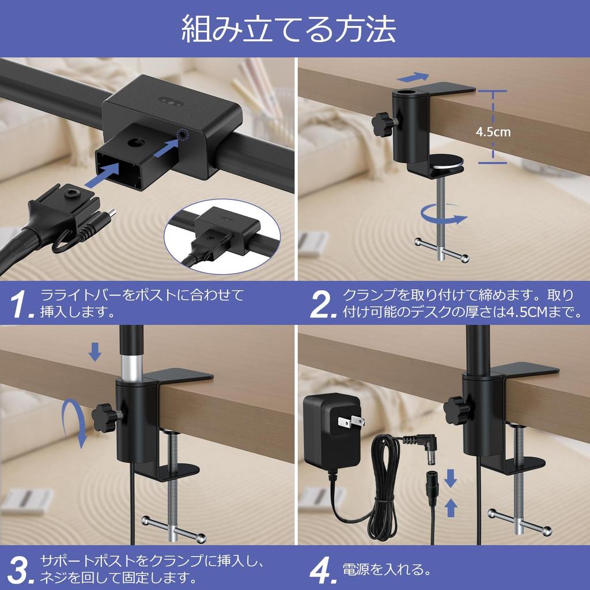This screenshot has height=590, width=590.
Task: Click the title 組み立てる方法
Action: [x=288, y=29]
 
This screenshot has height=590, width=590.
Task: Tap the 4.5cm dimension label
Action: [x=493, y=132]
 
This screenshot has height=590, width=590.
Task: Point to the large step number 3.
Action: [x=21, y=570]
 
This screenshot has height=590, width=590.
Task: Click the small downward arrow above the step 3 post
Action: [x=95, y=351]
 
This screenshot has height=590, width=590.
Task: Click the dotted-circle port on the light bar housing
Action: [x=183, y=134]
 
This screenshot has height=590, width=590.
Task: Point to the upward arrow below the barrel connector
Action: [x=451, y=508]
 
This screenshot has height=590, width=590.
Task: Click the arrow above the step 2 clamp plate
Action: [x=413, y=77]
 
